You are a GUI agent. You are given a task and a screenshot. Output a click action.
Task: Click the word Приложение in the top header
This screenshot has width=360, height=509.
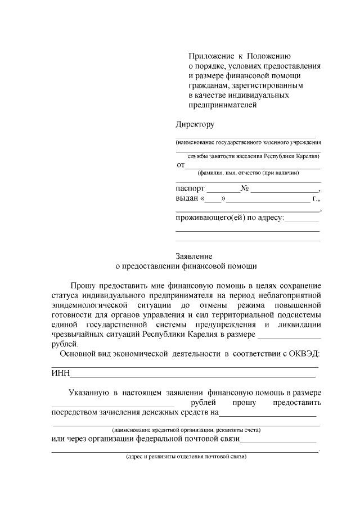(x=209, y=56)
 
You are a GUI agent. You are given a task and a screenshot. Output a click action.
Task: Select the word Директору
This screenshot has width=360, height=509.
(x=195, y=123)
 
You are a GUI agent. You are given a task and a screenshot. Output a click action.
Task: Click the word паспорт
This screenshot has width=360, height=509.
(x=190, y=189)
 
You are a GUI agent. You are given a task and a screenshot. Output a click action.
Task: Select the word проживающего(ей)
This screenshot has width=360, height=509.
(x=211, y=218)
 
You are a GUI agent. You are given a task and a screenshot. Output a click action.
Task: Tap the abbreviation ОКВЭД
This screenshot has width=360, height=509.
(x=303, y=353)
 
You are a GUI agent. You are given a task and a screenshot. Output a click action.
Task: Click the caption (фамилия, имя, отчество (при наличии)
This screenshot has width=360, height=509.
(x=244, y=173)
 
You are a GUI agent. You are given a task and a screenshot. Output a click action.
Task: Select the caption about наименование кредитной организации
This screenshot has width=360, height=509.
(x=186, y=430)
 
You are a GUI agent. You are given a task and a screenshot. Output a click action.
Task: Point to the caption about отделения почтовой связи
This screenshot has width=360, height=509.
(x=186, y=457)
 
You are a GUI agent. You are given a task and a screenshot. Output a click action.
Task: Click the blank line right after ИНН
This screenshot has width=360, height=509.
(x=191, y=375)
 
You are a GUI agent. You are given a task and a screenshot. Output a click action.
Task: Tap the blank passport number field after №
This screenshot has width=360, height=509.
(x=285, y=190)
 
